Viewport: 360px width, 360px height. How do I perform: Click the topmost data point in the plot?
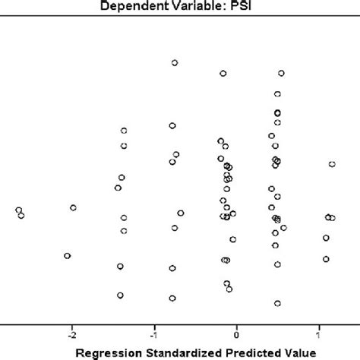pos(175,63)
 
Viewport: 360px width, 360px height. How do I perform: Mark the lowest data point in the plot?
pos(277,304)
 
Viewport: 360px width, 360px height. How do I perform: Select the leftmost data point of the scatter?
pos(18,210)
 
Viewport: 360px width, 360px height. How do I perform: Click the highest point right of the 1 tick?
pos(332,164)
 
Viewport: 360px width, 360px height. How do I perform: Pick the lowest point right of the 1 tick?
pos(326,259)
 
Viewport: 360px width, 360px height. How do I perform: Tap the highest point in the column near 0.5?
pos(281,74)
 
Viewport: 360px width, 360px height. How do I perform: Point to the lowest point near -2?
pos(68,256)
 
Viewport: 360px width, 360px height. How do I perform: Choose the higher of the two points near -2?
pos(74,207)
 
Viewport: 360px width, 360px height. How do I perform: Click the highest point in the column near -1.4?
pos(124,131)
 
